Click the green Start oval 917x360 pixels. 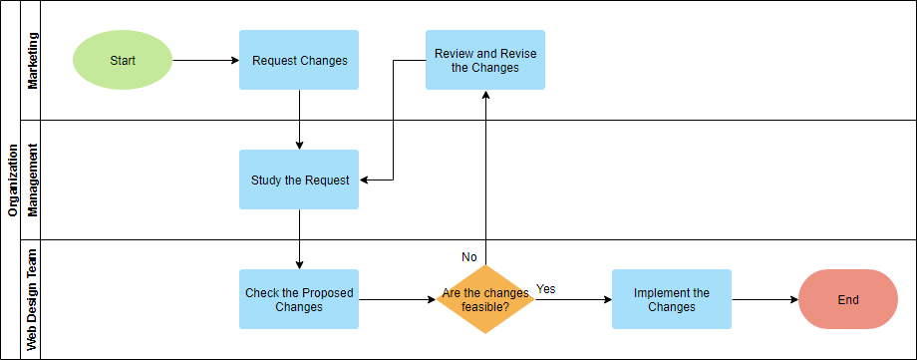123,60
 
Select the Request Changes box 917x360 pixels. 299,60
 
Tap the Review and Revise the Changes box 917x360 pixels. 485,60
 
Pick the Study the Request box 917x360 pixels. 299,180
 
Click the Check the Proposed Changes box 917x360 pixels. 299,299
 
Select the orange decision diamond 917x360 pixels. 485,299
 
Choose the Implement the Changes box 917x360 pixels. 671,299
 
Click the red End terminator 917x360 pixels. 848,299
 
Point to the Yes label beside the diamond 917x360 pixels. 546,289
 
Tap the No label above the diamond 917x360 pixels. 469,257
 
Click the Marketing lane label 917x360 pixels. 33,60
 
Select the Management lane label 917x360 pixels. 33,180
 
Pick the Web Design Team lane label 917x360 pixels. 33,299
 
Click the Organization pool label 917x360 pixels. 13,180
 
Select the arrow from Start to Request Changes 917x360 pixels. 205,60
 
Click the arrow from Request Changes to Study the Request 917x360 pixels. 299,120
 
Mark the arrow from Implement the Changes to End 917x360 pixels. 764,299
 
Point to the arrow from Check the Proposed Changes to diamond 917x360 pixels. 397,299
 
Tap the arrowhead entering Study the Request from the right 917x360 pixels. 365,180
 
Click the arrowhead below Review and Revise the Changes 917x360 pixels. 485,96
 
